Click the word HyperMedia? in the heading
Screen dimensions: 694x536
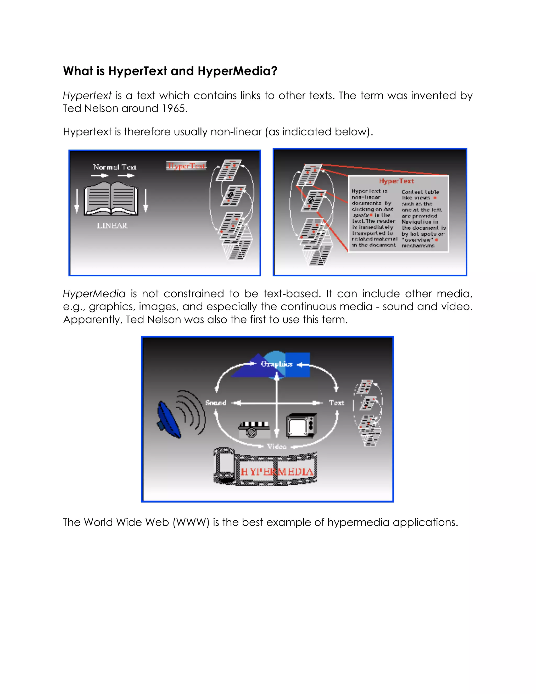[x=237, y=71]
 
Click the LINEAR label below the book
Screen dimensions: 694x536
[x=112, y=225]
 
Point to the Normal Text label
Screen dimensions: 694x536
[x=115, y=167]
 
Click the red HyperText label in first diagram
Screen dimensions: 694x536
[x=186, y=166]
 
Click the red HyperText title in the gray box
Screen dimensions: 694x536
[x=396, y=181]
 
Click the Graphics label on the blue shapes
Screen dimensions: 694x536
[x=276, y=364]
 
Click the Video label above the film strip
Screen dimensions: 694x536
[x=277, y=447]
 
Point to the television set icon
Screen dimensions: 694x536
[x=302, y=426]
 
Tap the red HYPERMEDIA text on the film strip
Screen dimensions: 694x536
[x=277, y=472]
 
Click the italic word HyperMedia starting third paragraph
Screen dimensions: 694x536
[x=94, y=294]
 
